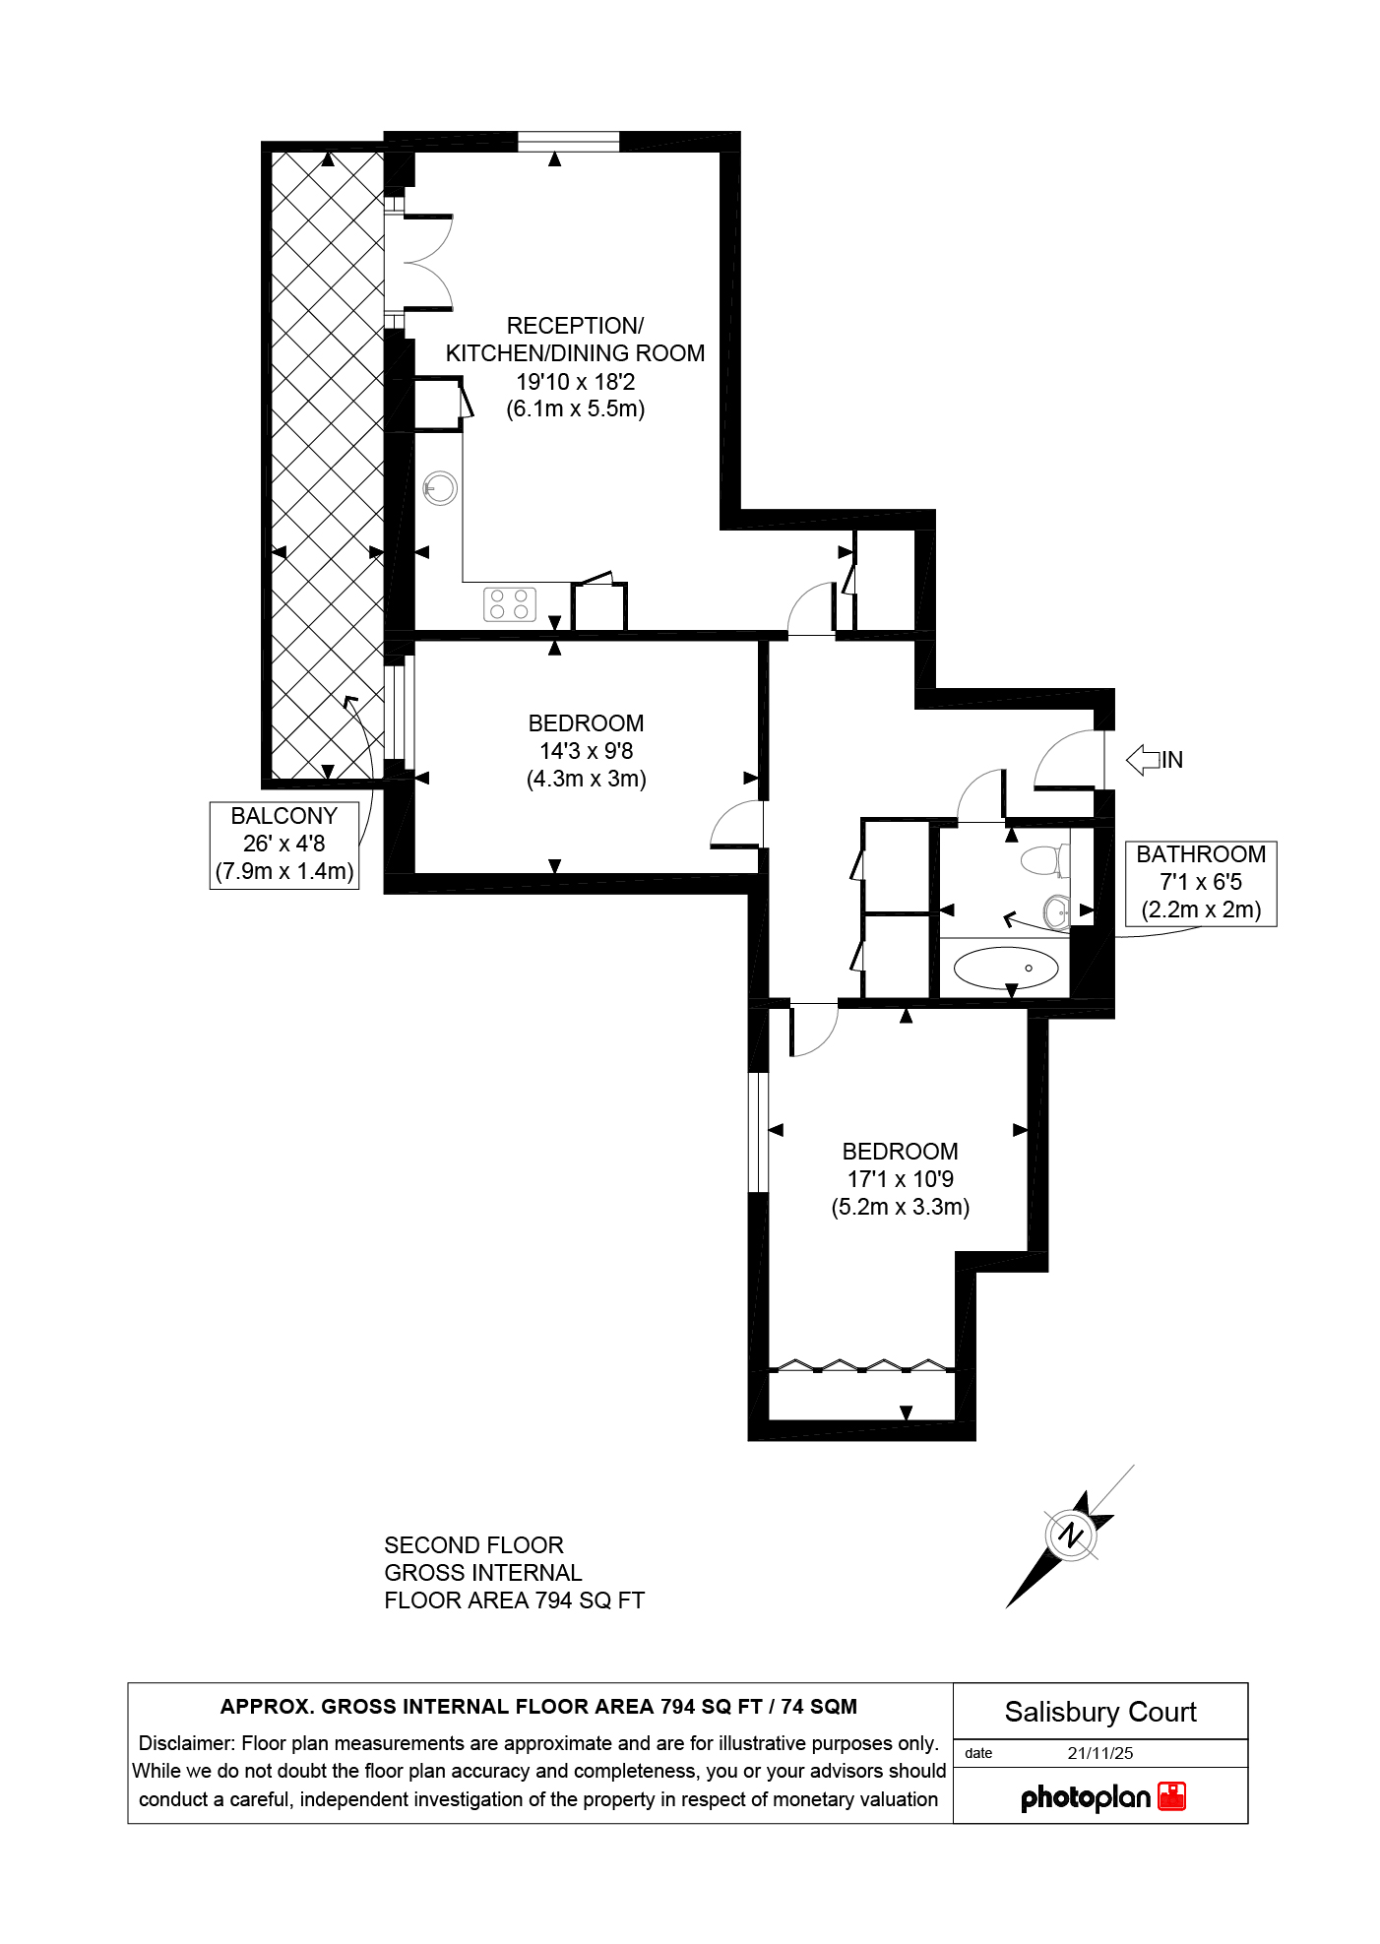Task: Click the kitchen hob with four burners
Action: coord(509,603)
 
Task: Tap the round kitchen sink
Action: coord(440,488)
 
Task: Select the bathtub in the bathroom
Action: coord(1005,968)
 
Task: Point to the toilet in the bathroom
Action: coord(1044,860)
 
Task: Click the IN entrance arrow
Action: coord(1143,760)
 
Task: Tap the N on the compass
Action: coord(1071,1535)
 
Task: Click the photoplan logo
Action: coord(1102,1796)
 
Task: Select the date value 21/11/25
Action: coord(1100,1753)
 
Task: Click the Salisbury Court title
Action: coord(1100,1712)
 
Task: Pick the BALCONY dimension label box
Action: coord(283,845)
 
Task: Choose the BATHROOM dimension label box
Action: coord(1201,883)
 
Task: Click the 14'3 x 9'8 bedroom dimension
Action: coord(586,751)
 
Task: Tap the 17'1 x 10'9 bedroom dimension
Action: coord(901,1179)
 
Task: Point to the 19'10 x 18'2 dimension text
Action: coord(576,382)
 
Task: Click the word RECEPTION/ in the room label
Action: coord(575,326)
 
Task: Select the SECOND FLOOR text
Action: coord(473,1545)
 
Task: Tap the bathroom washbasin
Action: coord(1056,911)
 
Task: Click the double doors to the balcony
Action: coord(418,263)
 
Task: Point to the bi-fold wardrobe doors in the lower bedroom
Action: coord(862,1365)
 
